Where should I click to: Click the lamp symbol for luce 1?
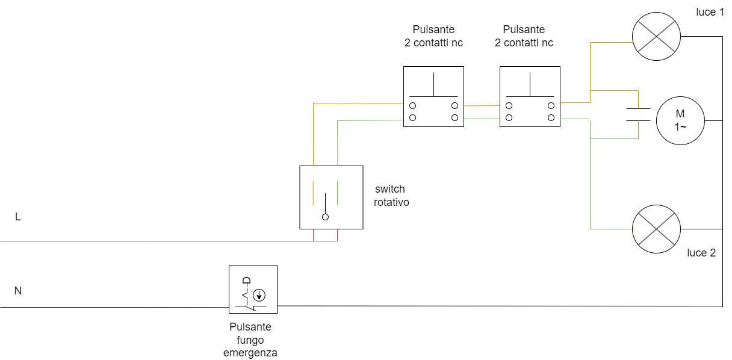(656, 36)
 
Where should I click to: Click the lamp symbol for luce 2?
(656, 229)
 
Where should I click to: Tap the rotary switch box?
(331, 197)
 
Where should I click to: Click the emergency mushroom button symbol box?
(253, 289)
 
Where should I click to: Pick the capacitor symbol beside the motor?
(638, 114)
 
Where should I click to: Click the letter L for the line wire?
(18, 217)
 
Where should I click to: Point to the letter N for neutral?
(18, 291)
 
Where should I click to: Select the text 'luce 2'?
(701, 253)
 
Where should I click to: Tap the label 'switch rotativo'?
(391, 196)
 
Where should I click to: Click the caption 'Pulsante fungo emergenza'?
(250, 340)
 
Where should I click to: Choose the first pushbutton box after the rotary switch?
(433, 96)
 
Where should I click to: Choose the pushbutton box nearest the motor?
(530, 96)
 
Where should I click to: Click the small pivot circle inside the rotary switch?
(325, 217)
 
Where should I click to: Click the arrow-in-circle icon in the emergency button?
(259, 295)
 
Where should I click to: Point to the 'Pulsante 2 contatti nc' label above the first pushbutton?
(433, 36)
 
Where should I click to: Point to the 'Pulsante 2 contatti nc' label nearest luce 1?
(524, 36)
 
